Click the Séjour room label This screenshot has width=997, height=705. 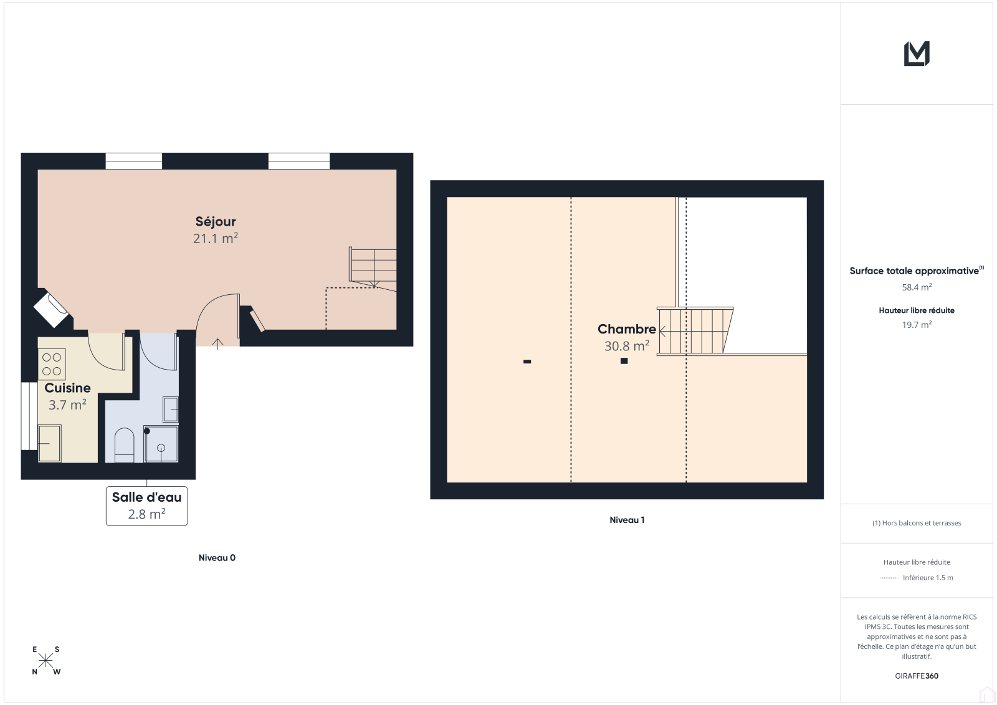(216, 221)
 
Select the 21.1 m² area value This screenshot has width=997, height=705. (216, 238)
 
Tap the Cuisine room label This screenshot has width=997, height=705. (67, 388)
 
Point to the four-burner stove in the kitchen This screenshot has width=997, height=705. (52, 364)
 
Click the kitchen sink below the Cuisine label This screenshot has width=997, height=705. (49, 444)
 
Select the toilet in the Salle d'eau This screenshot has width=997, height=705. (124, 445)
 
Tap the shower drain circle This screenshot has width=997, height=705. (161, 448)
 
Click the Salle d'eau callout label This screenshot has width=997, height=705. (147, 506)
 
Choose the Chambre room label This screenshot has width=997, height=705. (627, 329)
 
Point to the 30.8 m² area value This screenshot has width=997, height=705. (627, 346)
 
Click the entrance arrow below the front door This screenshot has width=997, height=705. (217, 344)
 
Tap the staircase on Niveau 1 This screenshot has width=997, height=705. (695, 330)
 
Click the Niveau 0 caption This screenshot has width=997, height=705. (217, 558)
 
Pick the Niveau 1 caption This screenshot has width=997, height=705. (627, 520)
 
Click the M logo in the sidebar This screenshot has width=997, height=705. (917, 54)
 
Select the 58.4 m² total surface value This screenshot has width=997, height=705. (917, 287)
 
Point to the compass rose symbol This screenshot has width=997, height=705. (46, 661)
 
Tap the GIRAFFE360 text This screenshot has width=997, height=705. (917, 676)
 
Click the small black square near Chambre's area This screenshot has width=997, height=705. (624, 361)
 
